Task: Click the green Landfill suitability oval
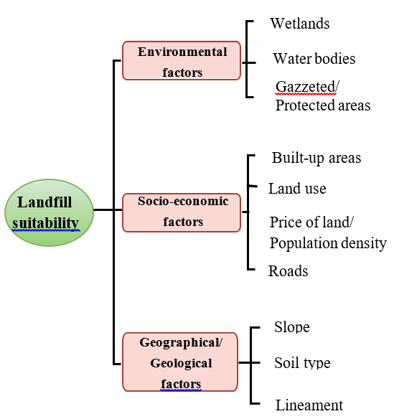pyautogui.click(x=50, y=212)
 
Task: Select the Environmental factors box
pyautogui.click(x=182, y=61)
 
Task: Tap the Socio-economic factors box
pyautogui.click(x=182, y=212)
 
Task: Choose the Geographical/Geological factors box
pyautogui.click(x=180, y=362)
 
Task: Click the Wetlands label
pyautogui.click(x=300, y=23)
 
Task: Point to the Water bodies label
pyautogui.click(x=314, y=59)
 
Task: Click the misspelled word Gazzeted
pyautogui.click(x=305, y=87)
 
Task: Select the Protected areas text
pyautogui.click(x=323, y=105)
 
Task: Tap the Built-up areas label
pyautogui.click(x=316, y=158)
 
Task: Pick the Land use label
pyautogui.click(x=297, y=189)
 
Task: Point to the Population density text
pyautogui.click(x=328, y=243)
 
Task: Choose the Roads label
pyautogui.click(x=289, y=271)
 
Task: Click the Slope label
pyautogui.click(x=292, y=327)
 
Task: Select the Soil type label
pyautogui.click(x=302, y=363)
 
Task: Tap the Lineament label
pyautogui.click(x=309, y=405)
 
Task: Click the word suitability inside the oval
pyautogui.click(x=45, y=223)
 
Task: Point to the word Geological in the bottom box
pyautogui.click(x=181, y=364)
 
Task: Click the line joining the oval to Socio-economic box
pyautogui.click(x=108, y=209)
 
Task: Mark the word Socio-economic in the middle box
pyautogui.click(x=183, y=201)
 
